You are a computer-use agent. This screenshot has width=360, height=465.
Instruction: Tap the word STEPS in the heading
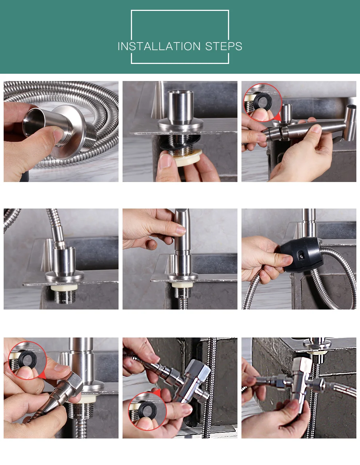pyautogui.click(x=224, y=46)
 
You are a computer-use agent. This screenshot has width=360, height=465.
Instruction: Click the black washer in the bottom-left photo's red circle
pyautogui.click(x=27, y=359)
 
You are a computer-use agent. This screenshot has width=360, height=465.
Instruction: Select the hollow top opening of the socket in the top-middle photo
pyautogui.click(x=180, y=93)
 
